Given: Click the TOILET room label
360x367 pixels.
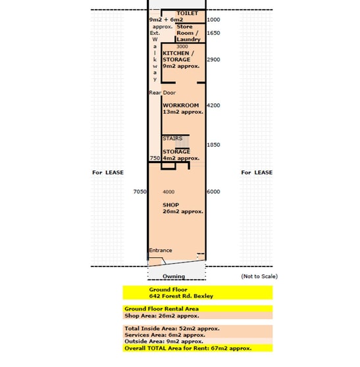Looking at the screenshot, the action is click(x=187, y=13).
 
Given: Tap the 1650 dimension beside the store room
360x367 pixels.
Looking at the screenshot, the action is click(x=213, y=33).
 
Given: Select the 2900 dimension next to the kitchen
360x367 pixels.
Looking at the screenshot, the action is click(x=213, y=59).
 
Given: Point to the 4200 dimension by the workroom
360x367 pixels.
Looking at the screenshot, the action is click(x=213, y=105).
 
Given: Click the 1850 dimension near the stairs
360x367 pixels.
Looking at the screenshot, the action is click(x=213, y=145).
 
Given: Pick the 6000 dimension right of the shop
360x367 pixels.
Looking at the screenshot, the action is click(x=213, y=191).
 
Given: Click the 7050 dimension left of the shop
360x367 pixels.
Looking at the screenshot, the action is click(x=140, y=191).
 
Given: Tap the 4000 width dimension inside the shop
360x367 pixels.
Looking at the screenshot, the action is click(x=168, y=192).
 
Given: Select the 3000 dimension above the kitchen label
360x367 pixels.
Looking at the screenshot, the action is click(x=182, y=47).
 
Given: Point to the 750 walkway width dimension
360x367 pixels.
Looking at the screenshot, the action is click(x=155, y=159).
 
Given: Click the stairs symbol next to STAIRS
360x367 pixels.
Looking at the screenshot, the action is click(x=182, y=142).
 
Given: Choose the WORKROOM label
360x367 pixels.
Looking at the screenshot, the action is click(x=181, y=105).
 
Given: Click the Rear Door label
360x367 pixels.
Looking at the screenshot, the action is click(x=163, y=93).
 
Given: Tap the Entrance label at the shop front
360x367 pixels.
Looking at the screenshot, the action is click(x=161, y=250).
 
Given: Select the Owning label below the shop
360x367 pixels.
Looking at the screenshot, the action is click(x=174, y=276).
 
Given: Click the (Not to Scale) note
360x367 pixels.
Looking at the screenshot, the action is click(x=259, y=276).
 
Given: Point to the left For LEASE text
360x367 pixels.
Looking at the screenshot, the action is click(x=108, y=172).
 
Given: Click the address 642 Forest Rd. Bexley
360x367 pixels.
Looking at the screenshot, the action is click(x=181, y=296).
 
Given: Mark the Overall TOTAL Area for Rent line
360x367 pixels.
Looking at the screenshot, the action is click(x=188, y=349).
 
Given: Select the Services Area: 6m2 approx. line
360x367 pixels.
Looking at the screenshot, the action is click(x=165, y=335).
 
